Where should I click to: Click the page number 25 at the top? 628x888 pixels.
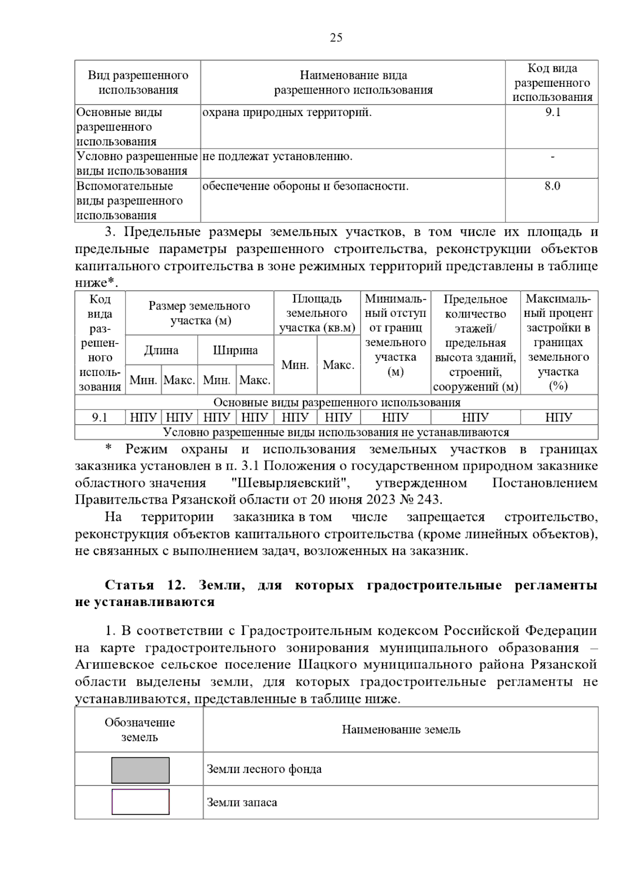[336, 38]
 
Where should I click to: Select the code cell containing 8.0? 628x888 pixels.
[552, 186]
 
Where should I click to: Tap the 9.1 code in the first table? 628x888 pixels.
[552, 112]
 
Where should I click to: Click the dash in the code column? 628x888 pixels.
[552, 156]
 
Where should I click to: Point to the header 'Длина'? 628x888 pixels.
[161, 350]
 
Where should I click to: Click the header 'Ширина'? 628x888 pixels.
[235, 350]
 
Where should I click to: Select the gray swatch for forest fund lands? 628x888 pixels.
[140, 770]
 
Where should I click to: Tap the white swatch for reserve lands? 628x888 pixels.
[140, 802]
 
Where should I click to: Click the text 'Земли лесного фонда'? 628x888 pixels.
[264, 769]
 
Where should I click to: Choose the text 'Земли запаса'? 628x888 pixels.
[242, 802]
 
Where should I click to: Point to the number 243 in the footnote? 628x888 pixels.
[429, 499]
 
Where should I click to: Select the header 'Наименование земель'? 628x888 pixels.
[401, 730]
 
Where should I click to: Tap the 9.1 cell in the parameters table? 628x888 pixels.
[99, 417]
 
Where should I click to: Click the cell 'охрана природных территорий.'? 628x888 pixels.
[287, 112]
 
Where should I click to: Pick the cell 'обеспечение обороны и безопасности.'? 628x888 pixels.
[305, 186]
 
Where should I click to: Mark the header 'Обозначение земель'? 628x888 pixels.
[139, 730]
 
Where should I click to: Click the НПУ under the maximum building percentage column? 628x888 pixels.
[558, 417]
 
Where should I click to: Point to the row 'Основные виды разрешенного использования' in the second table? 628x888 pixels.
[337, 403]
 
